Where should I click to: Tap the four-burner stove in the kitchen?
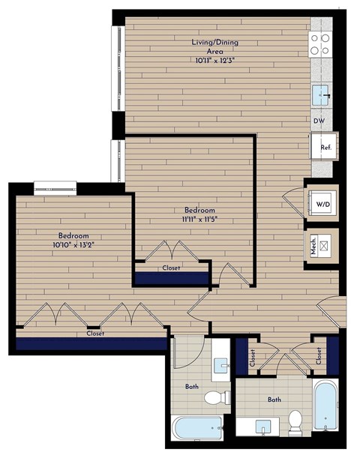click(x=321, y=46)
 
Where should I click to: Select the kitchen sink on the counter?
click(x=322, y=94)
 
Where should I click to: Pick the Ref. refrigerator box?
click(x=326, y=147)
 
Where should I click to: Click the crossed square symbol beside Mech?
click(x=325, y=245)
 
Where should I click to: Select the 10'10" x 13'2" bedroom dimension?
click(x=76, y=245)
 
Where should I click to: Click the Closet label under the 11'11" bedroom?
click(x=171, y=268)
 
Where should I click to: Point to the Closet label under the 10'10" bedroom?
click(x=94, y=334)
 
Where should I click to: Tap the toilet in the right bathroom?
click(x=295, y=422)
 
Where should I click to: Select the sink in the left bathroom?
click(x=220, y=366)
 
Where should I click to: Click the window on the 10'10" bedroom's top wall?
click(x=55, y=186)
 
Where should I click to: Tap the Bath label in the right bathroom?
click(x=274, y=400)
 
